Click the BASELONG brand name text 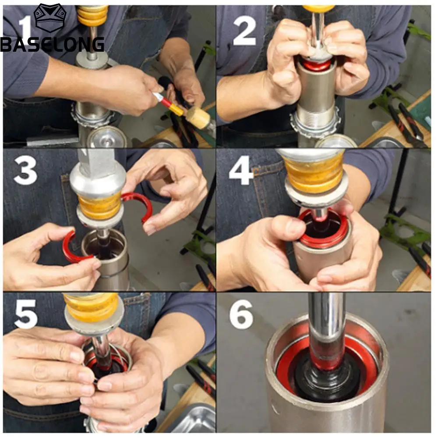[x=53, y=44]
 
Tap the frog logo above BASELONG [x=50, y=18]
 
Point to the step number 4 [x=240, y=170]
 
